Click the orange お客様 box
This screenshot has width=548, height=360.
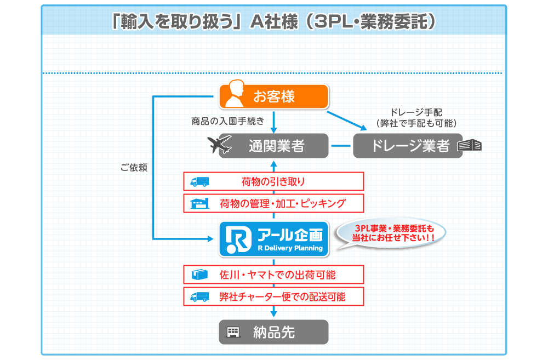click(x=274, y=96)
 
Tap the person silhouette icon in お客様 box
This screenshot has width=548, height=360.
click(x=233, y=96)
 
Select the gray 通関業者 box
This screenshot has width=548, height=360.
click(x=274, y=146)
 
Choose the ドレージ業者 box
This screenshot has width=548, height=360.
click(x=408, y=146)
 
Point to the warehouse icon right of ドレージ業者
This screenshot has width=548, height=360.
click(x=470, y=145)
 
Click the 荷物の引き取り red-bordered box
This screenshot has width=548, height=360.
click(x=273, y=181)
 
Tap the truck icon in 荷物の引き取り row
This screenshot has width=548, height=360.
click(x=199, y=181)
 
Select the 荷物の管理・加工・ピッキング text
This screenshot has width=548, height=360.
click(x=282, y=203)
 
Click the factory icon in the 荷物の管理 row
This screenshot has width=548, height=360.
click(x=199, y=203)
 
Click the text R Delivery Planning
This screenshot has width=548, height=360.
click(x=290, y=248)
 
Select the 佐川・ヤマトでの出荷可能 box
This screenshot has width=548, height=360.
click(x=273, y=275)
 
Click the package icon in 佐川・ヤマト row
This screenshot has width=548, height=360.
click(x=199, y=275)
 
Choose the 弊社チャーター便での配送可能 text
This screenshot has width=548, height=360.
click(x=282, y=296)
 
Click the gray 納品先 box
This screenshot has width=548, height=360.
click(x=273, y=332)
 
